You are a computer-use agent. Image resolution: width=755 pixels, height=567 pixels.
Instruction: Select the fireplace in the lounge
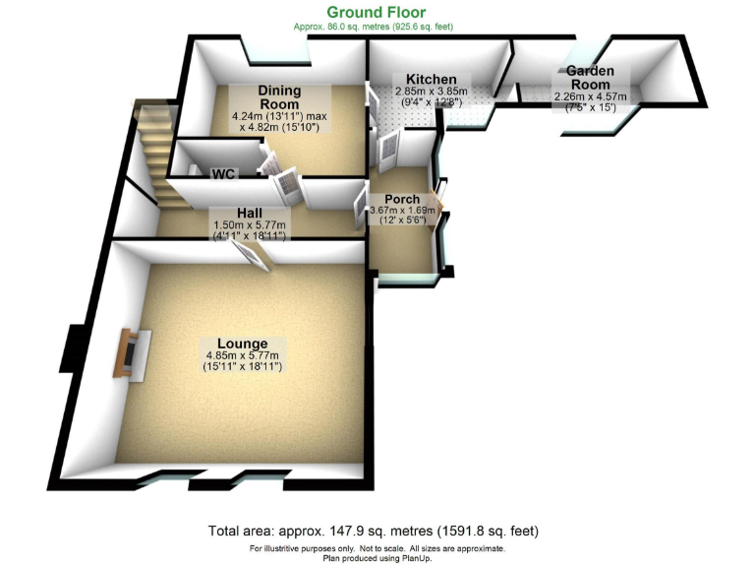tap(129, 355)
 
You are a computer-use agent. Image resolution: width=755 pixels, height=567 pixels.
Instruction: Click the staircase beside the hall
tap(156, 153)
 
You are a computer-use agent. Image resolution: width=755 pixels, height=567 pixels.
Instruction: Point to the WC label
tap(223, 173)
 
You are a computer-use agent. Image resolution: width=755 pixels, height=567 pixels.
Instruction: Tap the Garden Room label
tap(589, 78)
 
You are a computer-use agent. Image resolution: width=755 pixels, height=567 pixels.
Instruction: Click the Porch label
tap(402, 199)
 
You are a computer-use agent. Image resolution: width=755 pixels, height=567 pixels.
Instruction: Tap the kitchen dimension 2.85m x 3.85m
tap(432, 92)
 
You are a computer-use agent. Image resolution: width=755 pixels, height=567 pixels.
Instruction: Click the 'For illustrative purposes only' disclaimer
tap(377, 547)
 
